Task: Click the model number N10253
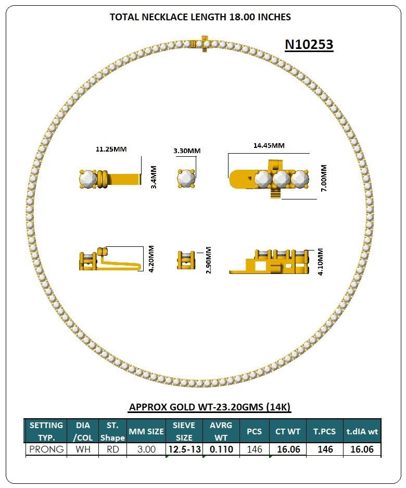(309, 44)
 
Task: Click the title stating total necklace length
(200, 17)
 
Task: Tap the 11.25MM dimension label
(111, 149)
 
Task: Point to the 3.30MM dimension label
(187, 151)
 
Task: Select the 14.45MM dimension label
(269, 145)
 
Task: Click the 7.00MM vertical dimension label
(324, 178)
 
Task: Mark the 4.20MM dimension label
(151, 259)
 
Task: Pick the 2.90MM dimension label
(208, 260)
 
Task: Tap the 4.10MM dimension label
(320, 262)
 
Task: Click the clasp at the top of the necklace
(202, 44)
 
